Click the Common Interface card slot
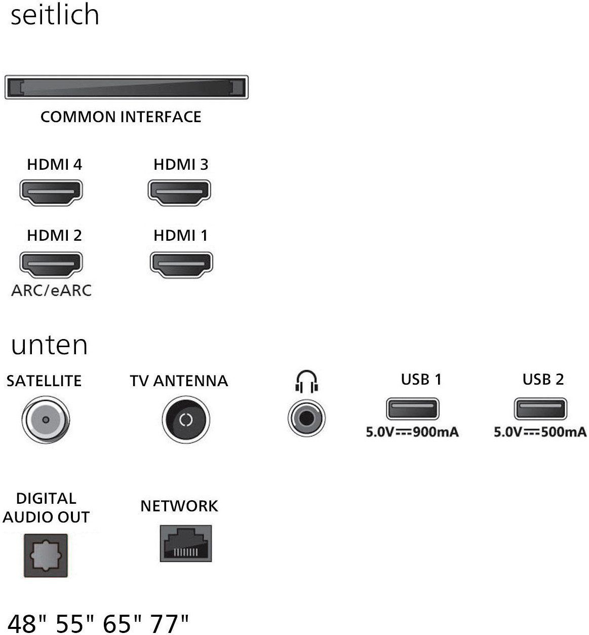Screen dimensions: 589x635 [x=127, y=87]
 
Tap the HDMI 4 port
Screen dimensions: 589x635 [x=51, y=193]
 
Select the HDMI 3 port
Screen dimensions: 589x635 [x=179, y=193]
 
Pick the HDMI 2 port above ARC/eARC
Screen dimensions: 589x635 [x=51, y=265]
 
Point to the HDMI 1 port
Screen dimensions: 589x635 [x=181, y=265]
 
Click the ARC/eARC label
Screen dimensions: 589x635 [x=52, y=291]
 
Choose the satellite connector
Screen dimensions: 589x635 [x=46, y=420]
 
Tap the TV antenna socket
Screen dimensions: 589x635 [x=186, y=420]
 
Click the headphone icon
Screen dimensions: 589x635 [x=306, y=381]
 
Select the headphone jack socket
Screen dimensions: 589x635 [x=306, y=418]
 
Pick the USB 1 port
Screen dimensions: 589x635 [x=413, y=408]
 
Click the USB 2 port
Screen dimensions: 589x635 [x=540, y=408]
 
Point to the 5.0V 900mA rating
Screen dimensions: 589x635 [x=412, y=432]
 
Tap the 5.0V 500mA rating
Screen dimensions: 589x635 [x=540, y=432]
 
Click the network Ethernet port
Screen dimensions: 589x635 [x=186, y=544]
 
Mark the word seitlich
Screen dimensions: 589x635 [x=55, y=15]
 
